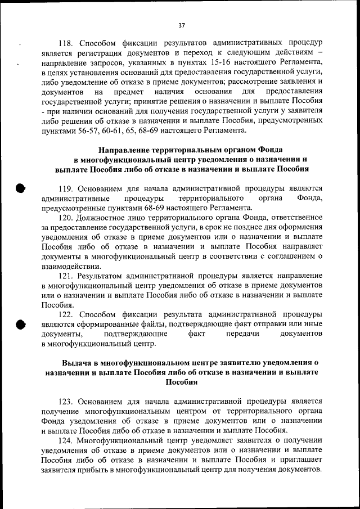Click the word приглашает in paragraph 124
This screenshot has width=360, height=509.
[301, 460]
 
